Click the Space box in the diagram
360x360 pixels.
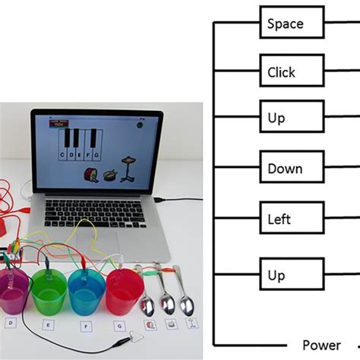pyautogui.click(x=285, y=24)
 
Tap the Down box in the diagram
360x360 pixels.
pyautogui.click(x=285, y=169)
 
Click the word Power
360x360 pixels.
pyautogui.click(x=321, y=344)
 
